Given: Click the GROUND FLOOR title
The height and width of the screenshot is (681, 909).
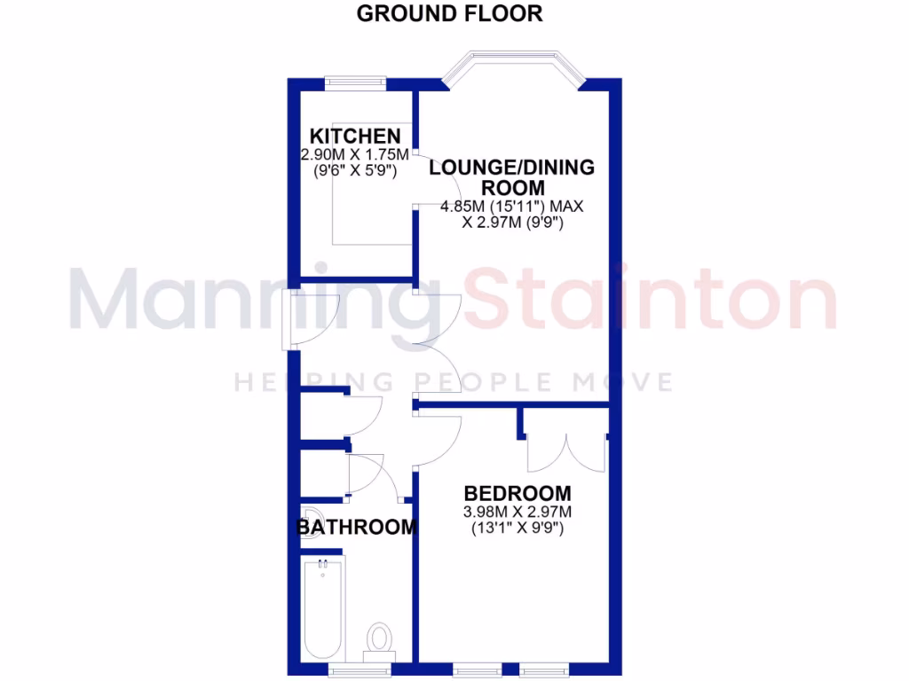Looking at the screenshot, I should (x=449, y=14).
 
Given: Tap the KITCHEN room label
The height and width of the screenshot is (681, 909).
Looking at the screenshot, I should (x=355, y=137).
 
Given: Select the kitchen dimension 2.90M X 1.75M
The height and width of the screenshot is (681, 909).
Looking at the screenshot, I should (x=355, y=154).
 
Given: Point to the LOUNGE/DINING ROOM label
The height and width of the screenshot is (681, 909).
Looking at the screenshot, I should (x=512, y=177).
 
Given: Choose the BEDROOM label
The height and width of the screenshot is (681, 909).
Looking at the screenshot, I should (x=518, y=494).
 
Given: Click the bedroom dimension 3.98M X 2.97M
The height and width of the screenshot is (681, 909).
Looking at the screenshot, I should (x=517, y=513).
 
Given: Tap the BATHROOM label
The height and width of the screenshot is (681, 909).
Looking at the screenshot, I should (x=356, y=528).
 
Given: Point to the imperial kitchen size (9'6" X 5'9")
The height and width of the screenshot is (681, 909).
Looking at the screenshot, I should (x=355, y=170).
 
